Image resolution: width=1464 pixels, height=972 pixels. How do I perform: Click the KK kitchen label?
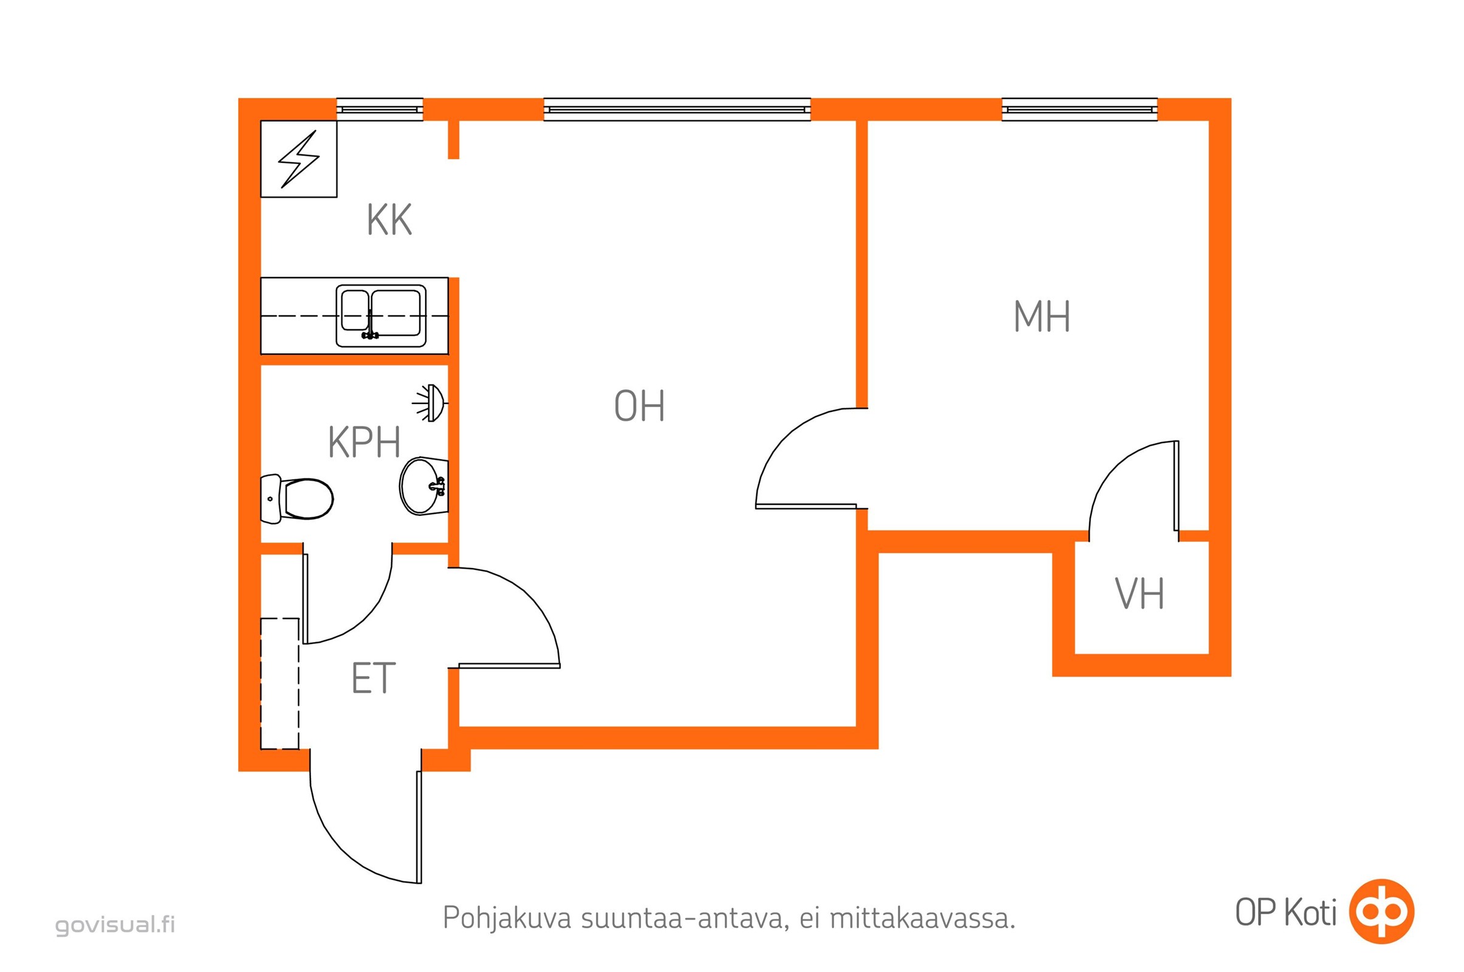coord(389,219)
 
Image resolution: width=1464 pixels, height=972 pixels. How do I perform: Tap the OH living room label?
coord(639,406)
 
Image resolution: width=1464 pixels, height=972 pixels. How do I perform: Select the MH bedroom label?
coord(1041,317)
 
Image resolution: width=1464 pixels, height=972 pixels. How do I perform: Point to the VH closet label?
coord(1138,594)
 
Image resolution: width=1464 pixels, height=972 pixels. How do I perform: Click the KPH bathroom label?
coord(364,442)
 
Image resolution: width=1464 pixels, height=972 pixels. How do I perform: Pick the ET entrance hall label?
coord(373,678)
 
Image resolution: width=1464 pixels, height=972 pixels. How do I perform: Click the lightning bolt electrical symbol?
coord(299,159)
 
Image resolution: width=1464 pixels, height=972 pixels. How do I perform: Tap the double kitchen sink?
coord(380,315)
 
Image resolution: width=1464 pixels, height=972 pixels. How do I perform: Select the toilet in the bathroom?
coord(298,498)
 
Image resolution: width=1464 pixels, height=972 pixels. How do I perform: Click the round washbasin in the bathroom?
coord(423,487)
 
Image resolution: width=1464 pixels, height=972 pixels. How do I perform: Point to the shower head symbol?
coord(433,403)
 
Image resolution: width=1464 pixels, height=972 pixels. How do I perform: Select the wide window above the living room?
coord(677,110)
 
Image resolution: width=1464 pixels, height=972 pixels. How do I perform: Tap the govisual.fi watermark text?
coord(115,925)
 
